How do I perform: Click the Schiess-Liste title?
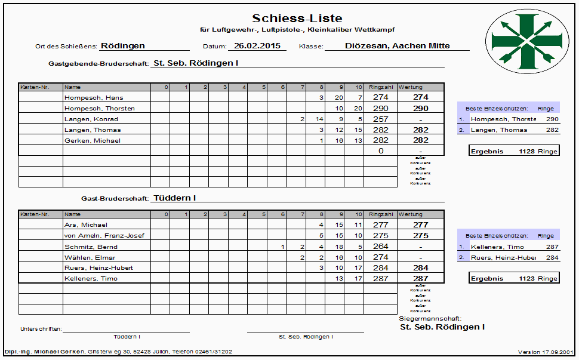tap(297, 19)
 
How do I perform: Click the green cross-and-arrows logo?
tap(525, 42)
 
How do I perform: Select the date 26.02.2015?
tap(257, 45)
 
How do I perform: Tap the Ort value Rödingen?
tap(123, 45)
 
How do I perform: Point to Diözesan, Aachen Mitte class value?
tap(397, 45)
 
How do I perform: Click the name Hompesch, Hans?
tap(85, 97)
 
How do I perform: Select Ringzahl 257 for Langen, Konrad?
tap(380, 119)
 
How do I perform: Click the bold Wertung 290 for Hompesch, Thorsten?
tap(421, 109)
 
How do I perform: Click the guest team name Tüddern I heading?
tap(175, 198)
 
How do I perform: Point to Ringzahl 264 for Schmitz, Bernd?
tap(380, 247)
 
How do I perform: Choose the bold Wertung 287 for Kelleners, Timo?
tap(421, 279)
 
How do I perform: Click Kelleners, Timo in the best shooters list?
tap(497, 247)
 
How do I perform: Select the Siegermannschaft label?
tap(430, 319)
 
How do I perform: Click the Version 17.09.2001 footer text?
tap(546, 352)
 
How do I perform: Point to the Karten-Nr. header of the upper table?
tap(34, 87)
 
